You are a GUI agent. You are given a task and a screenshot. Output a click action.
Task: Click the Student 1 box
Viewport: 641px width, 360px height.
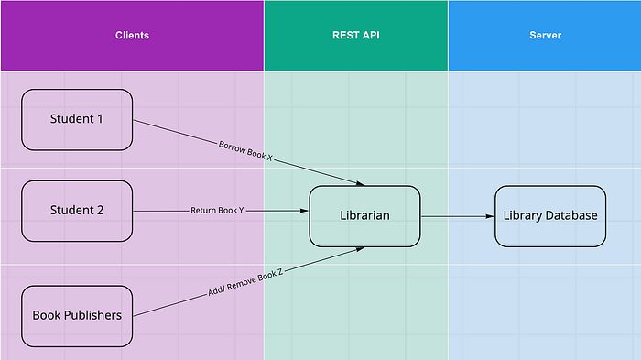tap(77, 120)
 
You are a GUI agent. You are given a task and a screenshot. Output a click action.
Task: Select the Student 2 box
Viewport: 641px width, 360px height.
tap(77, 211)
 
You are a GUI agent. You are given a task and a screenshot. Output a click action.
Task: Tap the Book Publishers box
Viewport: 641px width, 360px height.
tap(77, 316)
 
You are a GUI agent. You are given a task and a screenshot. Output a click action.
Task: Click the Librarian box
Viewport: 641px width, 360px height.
tap(364, 216)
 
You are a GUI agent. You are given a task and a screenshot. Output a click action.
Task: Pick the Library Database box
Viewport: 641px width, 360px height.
tap(550, 216)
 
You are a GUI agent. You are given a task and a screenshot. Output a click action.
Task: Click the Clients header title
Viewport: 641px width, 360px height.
tap(132, 35)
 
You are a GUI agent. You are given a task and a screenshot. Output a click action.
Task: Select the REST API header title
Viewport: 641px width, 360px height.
tap(356, 35)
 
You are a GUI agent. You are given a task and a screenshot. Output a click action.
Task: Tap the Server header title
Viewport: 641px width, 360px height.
tap(546, 35)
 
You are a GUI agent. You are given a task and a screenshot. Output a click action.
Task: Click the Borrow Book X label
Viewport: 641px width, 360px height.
tap(245, 150)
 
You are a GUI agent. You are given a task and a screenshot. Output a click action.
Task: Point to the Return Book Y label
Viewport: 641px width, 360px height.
tap(217, 211)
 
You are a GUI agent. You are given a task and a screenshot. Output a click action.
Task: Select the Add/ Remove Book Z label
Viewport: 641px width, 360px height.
tap(245, 282)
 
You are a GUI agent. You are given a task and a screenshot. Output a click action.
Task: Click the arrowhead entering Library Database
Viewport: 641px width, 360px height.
tap(490, 216)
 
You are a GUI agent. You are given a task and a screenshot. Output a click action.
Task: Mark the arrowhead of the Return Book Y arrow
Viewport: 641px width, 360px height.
tap(304, 211)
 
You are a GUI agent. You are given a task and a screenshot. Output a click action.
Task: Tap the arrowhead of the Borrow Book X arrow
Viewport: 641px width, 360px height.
tap(360, 183)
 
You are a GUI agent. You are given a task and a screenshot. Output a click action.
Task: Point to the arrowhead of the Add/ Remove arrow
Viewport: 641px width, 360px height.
tap(360, 249)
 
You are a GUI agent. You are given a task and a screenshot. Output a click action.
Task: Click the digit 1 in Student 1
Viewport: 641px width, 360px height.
tap(100, 119)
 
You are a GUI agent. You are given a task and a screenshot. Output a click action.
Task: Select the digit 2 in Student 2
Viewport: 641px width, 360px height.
tap(100, 211)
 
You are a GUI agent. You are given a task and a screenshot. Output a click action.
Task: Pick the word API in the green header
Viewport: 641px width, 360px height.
tap(371, 35)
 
